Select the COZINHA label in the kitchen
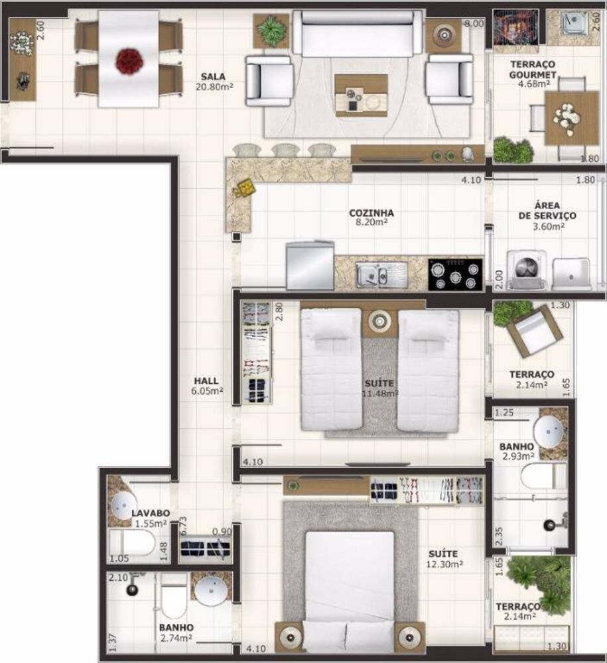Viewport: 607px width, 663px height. (x=371, y=213)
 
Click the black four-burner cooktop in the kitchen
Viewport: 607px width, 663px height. (x=455, y=274)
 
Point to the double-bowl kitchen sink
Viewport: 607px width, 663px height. (x=380, y=273)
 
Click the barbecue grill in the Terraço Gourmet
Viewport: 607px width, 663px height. (x=513, y=29)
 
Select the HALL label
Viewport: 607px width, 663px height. (x=206, y=381)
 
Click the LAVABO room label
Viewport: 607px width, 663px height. (x=151, y=513)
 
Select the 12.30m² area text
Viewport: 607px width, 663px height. (x=444, y=564)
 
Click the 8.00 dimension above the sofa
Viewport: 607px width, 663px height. (x=474, y=23)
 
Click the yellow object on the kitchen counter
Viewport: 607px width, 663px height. (x=243, y=188)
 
